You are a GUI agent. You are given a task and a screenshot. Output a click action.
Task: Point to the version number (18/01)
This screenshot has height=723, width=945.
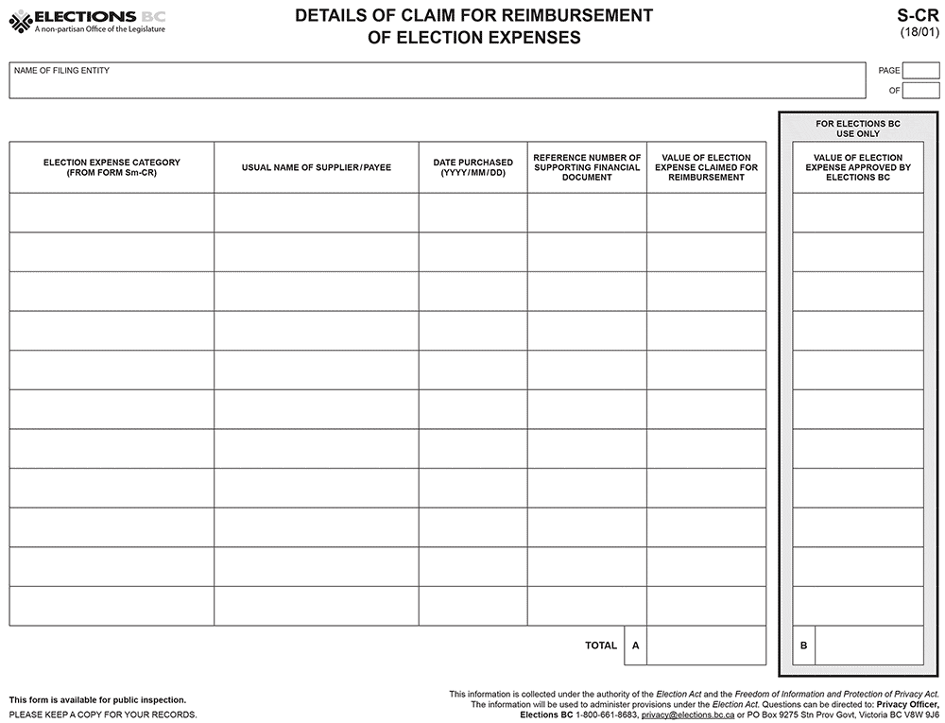tap(919, 33)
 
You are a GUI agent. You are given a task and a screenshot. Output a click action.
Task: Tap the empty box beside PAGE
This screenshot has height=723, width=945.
tap(920, 71)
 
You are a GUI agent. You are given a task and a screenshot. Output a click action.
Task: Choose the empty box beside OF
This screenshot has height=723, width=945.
tap(920, 91)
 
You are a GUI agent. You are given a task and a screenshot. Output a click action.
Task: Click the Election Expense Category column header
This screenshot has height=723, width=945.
tap(112, 167)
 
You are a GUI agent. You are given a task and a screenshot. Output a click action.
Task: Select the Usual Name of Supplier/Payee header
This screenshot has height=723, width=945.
tap(317, 167)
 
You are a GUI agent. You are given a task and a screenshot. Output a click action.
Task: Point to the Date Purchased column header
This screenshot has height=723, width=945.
tap(472, 167)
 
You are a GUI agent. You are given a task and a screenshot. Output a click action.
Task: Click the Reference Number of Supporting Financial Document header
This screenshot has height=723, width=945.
tap(587, 167)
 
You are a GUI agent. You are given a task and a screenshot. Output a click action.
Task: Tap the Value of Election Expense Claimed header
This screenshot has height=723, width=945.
tap(706, 167)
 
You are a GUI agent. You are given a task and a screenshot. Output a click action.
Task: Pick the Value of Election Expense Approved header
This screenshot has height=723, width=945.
tap(857, 167)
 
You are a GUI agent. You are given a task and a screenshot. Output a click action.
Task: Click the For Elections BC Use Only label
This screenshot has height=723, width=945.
tap(857, 129)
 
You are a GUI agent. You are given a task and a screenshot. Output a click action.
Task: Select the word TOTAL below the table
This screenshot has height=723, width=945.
tap(601, 646)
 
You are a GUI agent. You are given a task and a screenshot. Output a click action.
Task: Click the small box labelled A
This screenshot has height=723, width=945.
tap(635, 646)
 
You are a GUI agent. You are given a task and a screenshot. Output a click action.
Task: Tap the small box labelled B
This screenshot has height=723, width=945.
tap(803, 646)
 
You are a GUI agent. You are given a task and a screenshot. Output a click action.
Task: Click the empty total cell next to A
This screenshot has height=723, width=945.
tap(706, 646)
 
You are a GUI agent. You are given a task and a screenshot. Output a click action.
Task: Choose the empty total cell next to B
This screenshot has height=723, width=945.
tap(868, 646)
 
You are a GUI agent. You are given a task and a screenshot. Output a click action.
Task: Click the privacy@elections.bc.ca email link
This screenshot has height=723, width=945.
tap(687, 715)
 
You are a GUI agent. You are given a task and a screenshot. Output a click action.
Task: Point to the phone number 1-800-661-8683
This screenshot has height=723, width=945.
tap(607, 715)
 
